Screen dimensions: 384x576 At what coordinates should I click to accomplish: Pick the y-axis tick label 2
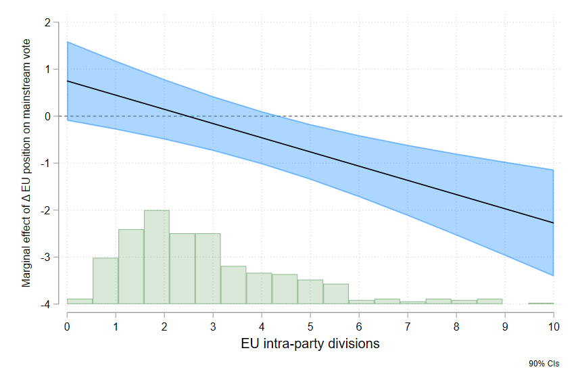coord(47,22)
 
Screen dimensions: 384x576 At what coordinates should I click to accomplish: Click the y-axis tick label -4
coord(45,305)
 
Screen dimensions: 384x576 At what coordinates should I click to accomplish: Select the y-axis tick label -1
coord(45,164)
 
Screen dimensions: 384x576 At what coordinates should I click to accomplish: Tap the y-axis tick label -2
coord(45,211)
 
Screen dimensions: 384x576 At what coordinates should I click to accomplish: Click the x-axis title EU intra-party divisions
coord(310,343)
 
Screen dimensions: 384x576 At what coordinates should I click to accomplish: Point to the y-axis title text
coord(26,163)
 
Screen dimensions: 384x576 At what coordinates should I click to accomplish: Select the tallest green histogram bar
coord(157,257)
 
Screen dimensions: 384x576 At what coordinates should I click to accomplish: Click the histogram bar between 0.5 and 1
coord(105,281)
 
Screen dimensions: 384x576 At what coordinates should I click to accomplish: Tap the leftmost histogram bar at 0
coord(80,302)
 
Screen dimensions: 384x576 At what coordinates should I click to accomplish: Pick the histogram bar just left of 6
coord(336,294)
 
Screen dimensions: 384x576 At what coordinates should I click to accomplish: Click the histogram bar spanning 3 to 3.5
coord(233,285)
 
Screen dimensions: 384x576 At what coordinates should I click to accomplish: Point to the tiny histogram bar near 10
coord(541,304)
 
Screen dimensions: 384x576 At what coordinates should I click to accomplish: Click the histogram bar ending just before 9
coord(489,302)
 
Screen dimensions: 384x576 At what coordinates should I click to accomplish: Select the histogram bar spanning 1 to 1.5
coord(131,266)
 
